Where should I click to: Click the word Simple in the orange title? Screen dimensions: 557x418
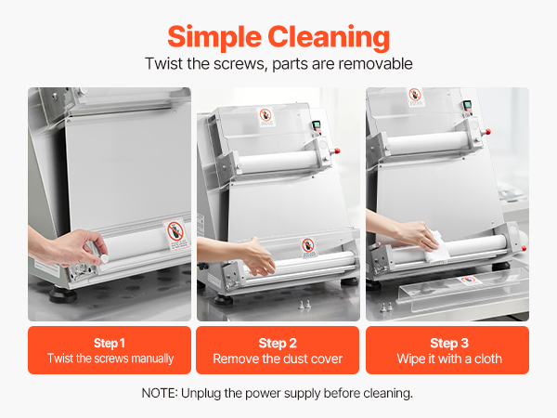tap(214, 38)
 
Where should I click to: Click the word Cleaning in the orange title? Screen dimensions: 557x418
tap(329, 37)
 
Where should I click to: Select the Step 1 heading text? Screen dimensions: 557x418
tap(109, 343)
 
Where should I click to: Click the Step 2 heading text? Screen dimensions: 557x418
tap(278, 343)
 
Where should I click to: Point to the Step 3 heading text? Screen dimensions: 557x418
tap(449, 343)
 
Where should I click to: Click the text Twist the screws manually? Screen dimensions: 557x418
tap(110, 359)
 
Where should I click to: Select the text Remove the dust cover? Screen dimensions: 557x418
tap(278, 359)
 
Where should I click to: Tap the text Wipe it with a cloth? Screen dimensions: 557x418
tap(449, 359)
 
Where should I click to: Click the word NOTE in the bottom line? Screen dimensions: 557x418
tap(159, 393)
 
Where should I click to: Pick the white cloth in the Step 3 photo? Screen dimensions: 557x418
tap(436, 247)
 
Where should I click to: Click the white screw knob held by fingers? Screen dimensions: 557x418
tap(104, 259)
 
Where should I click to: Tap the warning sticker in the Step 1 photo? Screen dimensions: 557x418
tap(175, 234)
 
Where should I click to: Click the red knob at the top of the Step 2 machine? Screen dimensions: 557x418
tap(337, 151)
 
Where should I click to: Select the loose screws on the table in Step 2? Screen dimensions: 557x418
tap(304, 305)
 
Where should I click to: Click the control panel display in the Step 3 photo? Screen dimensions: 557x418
tap(467, 106)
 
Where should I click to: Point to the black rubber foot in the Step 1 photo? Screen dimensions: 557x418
tap(62, 294)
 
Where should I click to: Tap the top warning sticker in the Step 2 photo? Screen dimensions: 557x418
tap(266, 117)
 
